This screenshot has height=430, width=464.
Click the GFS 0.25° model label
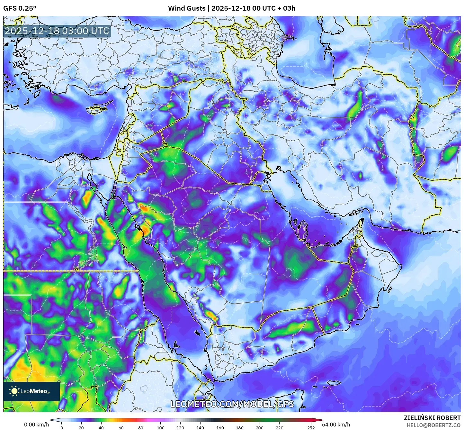coord(20,8)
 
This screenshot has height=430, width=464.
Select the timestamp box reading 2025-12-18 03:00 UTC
coord(57,31)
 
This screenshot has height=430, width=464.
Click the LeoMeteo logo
coord(31,391)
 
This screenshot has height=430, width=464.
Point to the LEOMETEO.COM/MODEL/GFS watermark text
coord(232,404)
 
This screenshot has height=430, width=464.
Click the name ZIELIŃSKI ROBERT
coord(432,418)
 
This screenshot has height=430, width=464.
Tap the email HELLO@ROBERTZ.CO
coord(433,425)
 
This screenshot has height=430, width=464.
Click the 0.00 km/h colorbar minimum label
coord(36,425)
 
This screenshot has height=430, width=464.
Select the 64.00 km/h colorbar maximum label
coord(336,425)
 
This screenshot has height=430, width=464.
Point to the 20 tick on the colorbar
coord(81,427)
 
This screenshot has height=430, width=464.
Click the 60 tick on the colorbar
coord(121,427)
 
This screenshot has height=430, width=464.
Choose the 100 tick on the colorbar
coord(160,427)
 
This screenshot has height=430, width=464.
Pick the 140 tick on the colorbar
coord(200,427)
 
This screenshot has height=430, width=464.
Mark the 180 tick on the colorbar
coord(240,427)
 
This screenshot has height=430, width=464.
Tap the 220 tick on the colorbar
coord(280,427)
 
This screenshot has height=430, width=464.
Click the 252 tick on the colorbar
coord(311,427)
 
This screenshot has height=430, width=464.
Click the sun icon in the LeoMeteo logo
coord(14,391)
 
